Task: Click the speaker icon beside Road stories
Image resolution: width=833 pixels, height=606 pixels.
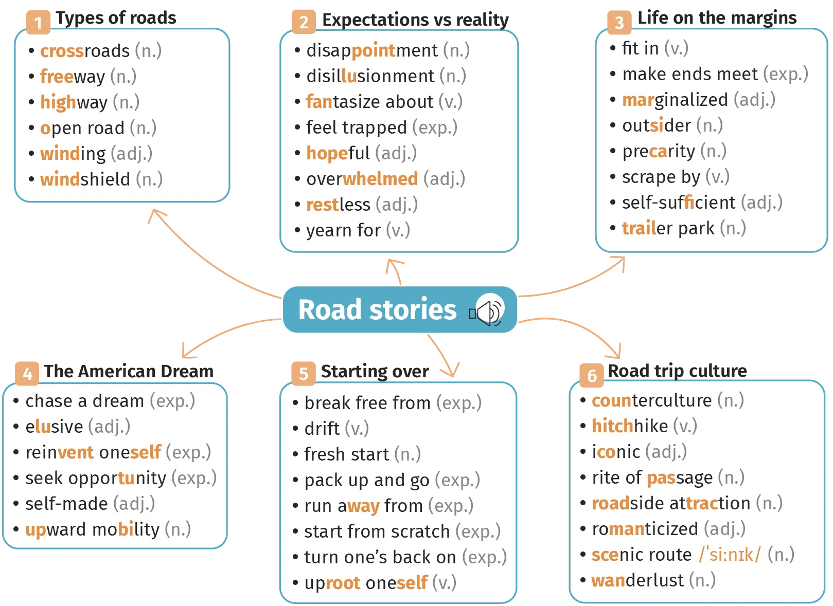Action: pyautogui.click(x=487, y=309)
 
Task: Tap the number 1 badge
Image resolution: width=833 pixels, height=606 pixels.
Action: pyautogui.click(x=38, y=22)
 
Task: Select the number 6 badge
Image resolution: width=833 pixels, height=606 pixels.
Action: pyautogui.click(x=592, y=375)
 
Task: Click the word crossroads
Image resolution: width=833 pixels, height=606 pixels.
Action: pyautogui.click(x=85, y=51)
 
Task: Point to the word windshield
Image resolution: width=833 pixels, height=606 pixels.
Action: pyautogui.click(x=85, y=179)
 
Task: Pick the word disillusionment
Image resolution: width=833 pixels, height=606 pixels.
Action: pyautogui.click(x=370, y=76)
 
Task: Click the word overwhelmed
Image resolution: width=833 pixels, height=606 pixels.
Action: pyautogui.click(x=362, y=179)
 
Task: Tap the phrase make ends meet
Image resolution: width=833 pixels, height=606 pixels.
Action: pyautogui.click(x=690, y=74)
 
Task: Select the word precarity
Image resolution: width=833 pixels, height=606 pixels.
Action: pyautogui.click(x=659, y=152)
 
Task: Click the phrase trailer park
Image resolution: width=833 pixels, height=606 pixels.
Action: pyautogui.click(x=668, y=228)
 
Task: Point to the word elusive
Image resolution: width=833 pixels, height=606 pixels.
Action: pyautogui.click(x=55, y=427)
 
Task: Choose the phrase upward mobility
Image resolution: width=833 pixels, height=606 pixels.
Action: pyautogui.click(x=93, y=530)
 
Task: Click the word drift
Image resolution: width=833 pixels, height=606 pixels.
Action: pyautogui.click(x=322, y=428)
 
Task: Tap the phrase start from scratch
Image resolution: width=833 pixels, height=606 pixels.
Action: pyautogui.click(x=377, y=531)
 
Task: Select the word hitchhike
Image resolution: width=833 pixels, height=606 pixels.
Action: pyautogui.click(x=630, y=426)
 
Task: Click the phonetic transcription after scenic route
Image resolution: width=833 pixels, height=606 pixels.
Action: pyautogui.click(x=730, y=555)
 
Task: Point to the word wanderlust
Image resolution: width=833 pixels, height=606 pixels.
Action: pyautogui.click(x=638, y=580)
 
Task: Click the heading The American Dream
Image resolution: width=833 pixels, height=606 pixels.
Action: pyautogui.click(x=129, y=371)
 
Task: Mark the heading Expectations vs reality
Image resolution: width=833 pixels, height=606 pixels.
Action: pyautogui.click(x=415, y=20)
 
